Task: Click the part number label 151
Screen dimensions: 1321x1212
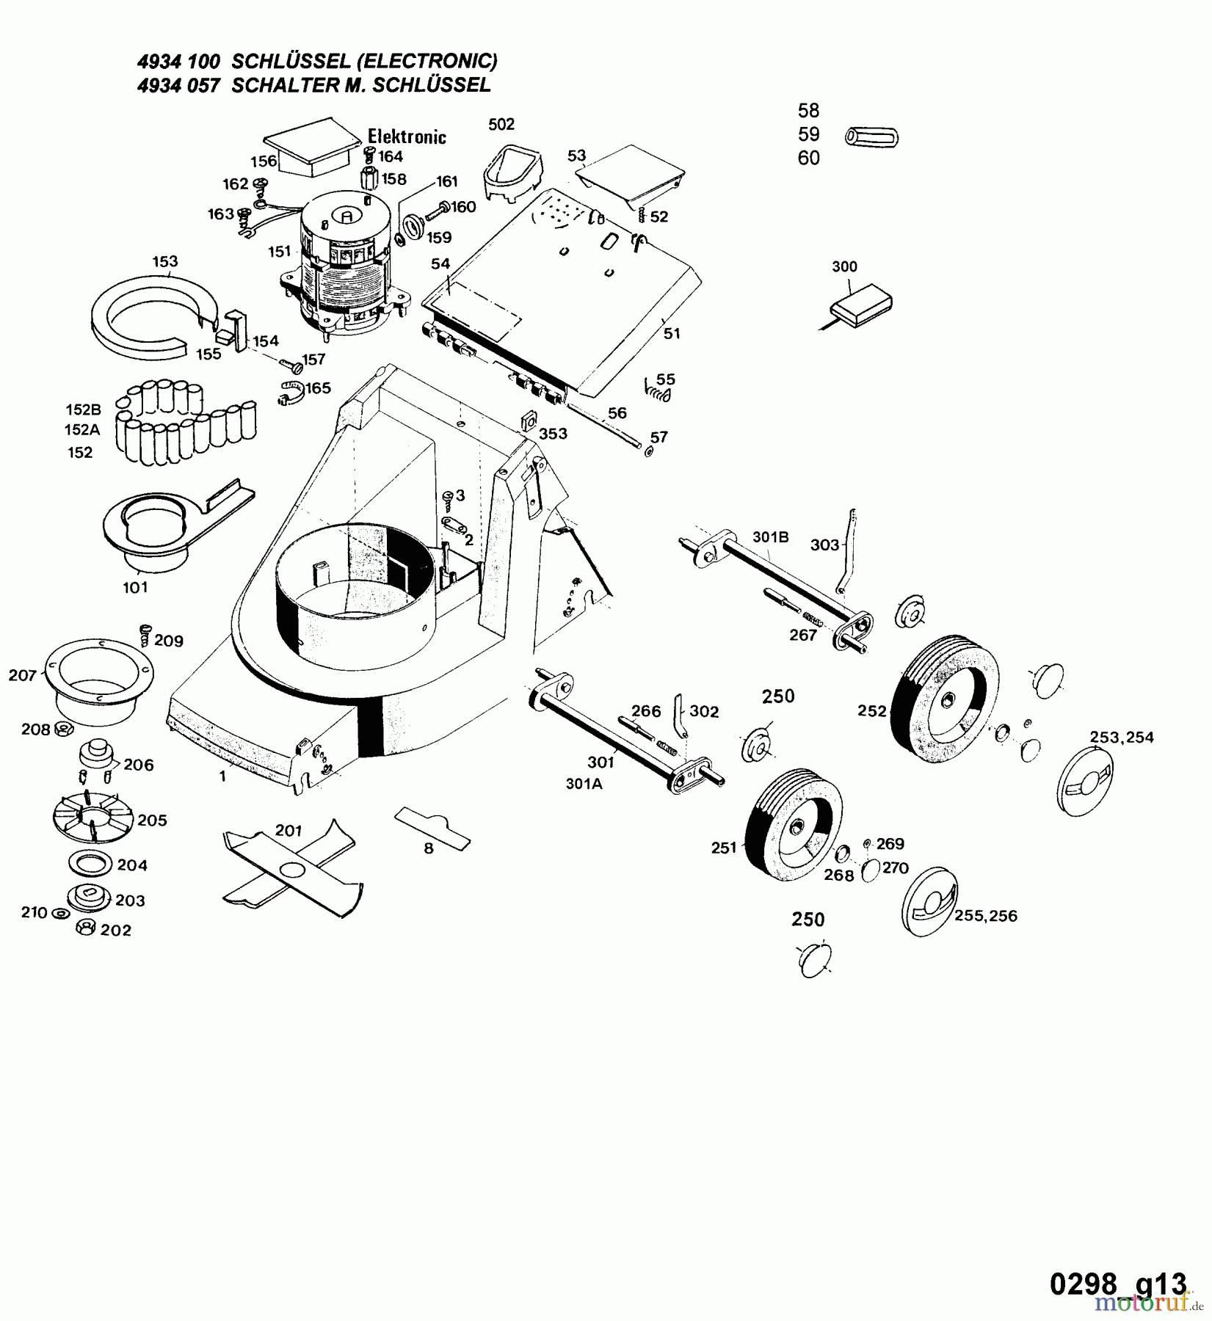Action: [x=279, y=252]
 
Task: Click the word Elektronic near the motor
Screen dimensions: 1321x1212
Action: [x=407, y=137]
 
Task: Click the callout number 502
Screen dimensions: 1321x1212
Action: [x=501, y=124]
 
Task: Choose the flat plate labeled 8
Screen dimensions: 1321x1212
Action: [x=432, y=826]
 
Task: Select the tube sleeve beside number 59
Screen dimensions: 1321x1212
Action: [x=871, y=137]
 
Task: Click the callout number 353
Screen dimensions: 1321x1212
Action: [x=553, y=434]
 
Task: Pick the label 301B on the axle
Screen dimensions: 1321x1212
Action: [x=770, y=536]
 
